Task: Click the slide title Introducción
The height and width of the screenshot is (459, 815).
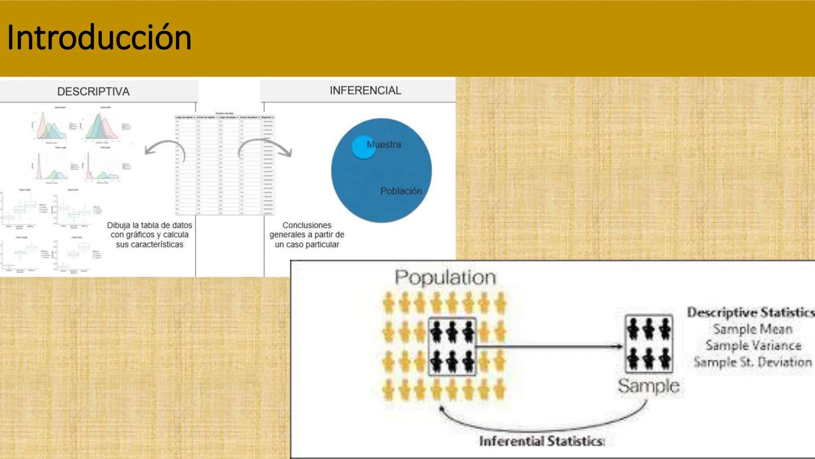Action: click(99, 38)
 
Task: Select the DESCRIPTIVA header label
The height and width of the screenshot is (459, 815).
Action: click(93, 91)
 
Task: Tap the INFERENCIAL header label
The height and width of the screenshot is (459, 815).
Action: click(365, 91)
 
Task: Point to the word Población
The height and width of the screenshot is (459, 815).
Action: click(401, 191)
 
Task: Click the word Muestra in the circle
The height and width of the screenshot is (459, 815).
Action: click(384, 144)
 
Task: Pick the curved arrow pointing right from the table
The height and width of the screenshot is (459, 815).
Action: click(266, 147)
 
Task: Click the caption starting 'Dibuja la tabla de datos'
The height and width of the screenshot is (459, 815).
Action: click(149, 235)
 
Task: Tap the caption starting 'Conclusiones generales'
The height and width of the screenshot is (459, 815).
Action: click(306, 235)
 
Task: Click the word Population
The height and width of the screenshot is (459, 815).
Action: click(445, 278)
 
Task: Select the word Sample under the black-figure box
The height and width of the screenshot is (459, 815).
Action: click(648, 386)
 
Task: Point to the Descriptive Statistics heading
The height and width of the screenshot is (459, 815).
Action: click(750, 312)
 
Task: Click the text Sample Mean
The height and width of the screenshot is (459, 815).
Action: click(753, 329)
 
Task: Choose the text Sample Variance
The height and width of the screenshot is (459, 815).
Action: click(753, 346)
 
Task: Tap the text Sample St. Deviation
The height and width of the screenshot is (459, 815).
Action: click(753, 362)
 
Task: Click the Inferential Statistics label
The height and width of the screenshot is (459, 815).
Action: click(542, 441)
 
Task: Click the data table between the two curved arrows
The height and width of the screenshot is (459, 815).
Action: click(225, 164)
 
